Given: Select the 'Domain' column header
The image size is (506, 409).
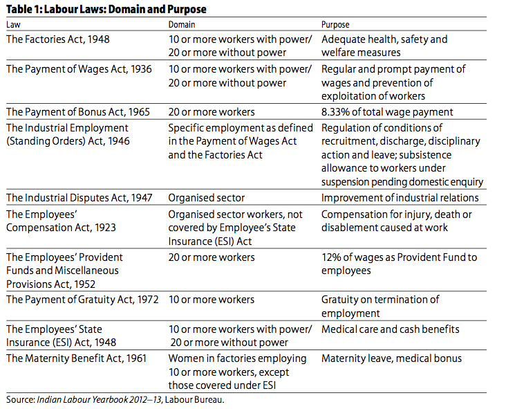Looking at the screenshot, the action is (x=182, y=24).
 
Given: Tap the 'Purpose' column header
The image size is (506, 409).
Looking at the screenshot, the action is (x=335, y=25).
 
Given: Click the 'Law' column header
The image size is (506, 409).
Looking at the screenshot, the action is (x=14, y=24).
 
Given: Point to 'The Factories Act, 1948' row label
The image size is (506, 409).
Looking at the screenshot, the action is (x=58, y=39).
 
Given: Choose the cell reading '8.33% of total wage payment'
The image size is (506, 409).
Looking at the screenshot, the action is (x=387, y=112).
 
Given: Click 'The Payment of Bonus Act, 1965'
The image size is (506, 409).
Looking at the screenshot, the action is (x=78, y=112).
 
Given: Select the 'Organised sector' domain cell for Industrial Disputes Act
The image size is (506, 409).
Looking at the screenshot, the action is (x=207, y=198).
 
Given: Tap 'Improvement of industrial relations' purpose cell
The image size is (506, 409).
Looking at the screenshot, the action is (x=400, y=198).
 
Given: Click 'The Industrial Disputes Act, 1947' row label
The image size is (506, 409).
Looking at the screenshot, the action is (x=79, y=198).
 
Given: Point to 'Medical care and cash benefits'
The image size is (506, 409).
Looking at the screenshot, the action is (x=391, y=329).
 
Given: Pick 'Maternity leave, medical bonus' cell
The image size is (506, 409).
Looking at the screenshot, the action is (x=391, y=358).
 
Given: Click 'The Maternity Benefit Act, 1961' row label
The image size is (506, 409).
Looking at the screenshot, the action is (x=77, y=358).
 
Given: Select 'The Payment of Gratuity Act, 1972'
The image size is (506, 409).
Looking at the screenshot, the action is (x=83, y=300).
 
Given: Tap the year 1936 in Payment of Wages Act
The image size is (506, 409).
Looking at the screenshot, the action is (x=141, y=69).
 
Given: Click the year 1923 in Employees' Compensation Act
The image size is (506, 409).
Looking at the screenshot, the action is (x=105, y=228).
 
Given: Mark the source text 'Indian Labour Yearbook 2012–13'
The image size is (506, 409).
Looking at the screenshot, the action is (x=99, y=399).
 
